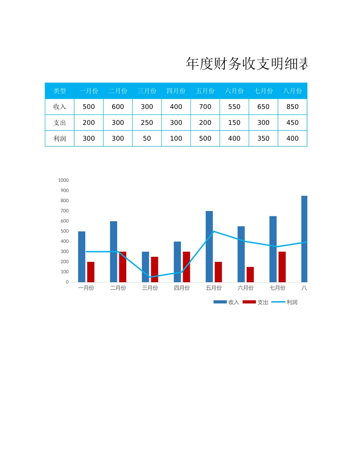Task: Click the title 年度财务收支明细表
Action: pos(246,64)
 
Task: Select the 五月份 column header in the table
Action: pos(205,91)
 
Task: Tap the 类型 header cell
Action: pos(59,91)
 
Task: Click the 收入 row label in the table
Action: pos(59,107)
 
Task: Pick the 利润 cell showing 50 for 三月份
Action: pos(147,138)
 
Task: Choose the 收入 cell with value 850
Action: pos(292,107)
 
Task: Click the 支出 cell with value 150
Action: pos(234,123)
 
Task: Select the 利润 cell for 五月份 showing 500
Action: pos(205,138)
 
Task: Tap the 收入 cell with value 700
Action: pos(205,107)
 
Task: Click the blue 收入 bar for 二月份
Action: pos(114,252)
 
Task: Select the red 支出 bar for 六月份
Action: pos(250,274)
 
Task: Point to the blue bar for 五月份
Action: pos(209,246)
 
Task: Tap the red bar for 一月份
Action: pos(91,272)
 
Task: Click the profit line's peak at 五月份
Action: pos(214,231)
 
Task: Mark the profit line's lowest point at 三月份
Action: pos(150,277)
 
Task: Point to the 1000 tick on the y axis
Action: pos(63,180)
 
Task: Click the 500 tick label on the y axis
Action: pos(64,231)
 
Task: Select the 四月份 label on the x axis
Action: pos(182,288)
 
